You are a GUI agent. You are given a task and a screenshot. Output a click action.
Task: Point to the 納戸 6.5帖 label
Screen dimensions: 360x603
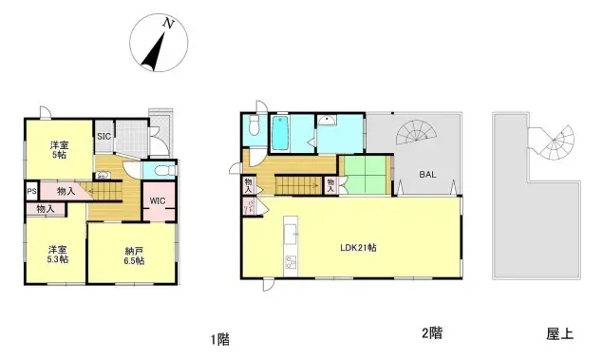(x=134, y=255)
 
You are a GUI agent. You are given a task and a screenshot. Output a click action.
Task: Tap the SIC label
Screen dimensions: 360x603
(x=103, y=136)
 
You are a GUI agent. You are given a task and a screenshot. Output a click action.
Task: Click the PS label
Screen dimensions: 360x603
(x=31, y=190)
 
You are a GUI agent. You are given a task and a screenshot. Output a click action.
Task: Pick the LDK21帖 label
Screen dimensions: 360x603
(x=358, y=248)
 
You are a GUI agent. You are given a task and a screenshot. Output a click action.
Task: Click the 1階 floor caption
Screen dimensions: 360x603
(x=220, y=338)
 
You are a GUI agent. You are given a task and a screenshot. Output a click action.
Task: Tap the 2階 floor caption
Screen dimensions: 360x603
(x=431, y=333)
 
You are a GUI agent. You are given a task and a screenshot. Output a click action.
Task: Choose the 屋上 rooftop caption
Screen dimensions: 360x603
(x=559, y=333)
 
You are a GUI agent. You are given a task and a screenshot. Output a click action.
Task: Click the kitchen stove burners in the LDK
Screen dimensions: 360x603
(x=291, y=262)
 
